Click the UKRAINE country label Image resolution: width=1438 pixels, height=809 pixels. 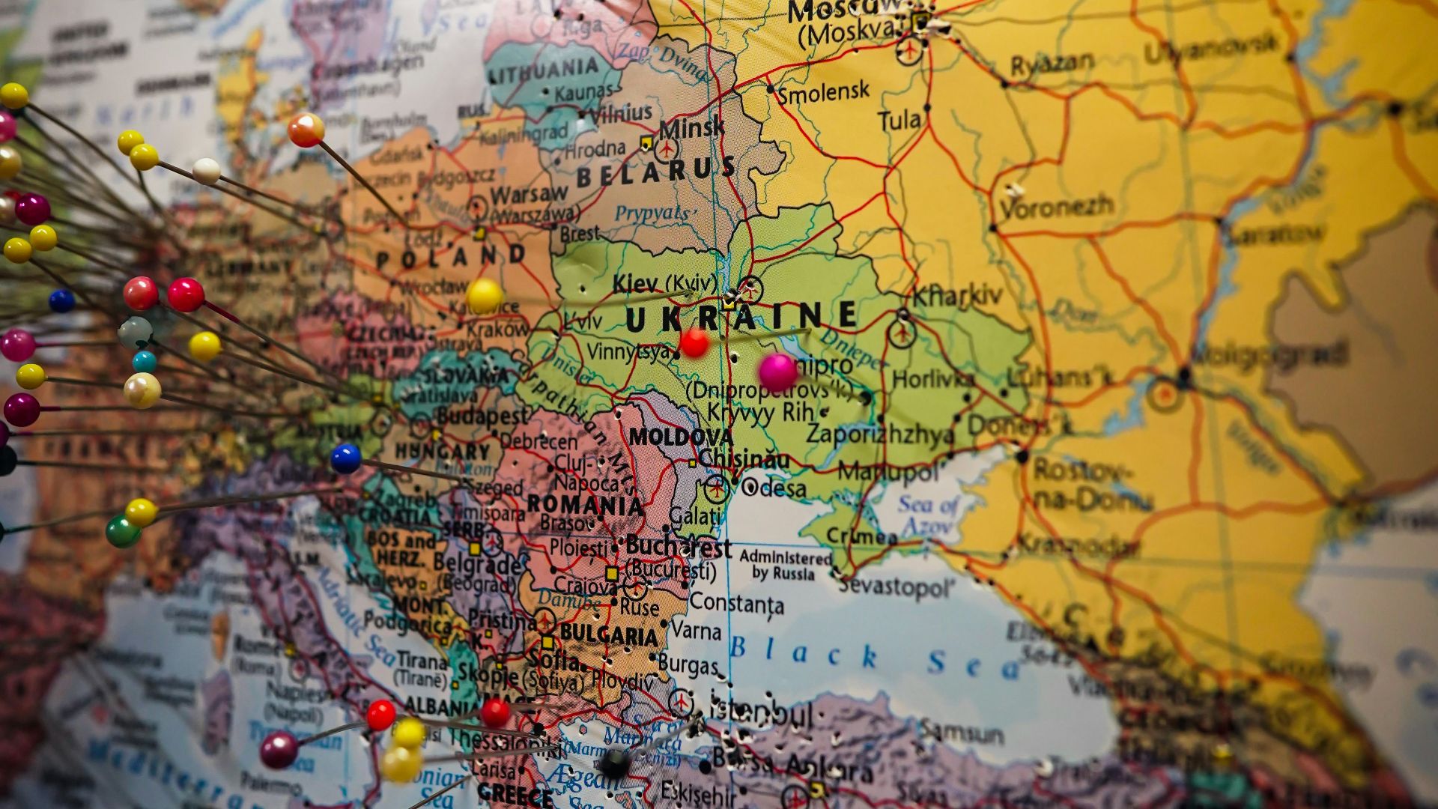point(741,316)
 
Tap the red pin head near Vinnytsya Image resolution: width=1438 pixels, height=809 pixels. point(694,343)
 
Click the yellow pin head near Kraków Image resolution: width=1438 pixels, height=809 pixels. point(484,294)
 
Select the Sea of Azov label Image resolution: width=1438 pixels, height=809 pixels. point(928,516)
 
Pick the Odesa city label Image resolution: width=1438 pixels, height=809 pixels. point(774,489)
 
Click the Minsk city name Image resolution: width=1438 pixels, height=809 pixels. point(692,127)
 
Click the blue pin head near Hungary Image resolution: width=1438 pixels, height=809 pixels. point(345,458)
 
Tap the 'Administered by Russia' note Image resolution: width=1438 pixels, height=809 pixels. point(785,566)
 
